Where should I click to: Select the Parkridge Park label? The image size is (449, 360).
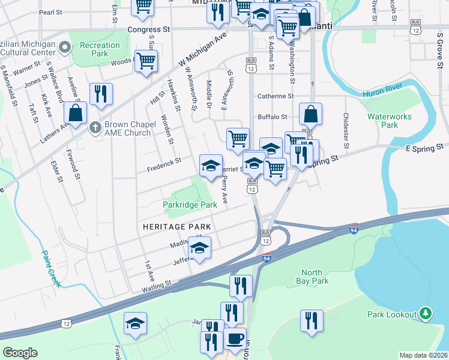pyautogui.click(x=190, y=205)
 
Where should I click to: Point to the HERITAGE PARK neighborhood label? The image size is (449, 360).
pyautogui.click(x=177, y=226)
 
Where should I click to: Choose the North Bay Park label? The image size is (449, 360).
pyautogui.click(x=313, y=277)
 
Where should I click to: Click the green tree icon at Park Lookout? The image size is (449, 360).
pyautogui.click(x=426, y=313)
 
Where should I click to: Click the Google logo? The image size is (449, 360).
pyautogui.click(x=20, y=352)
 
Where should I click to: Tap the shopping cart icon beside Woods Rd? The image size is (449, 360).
pyautogui.click(x=146, y=61)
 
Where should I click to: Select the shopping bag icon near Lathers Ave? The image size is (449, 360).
pyautogui.click(x=76, y=113)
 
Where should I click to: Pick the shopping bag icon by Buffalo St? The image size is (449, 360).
pyautogui.click(x=310, y=113)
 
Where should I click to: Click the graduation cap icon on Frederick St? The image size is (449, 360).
pyautogui.click(x=211, y=166)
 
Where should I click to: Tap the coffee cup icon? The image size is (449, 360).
pyautogui.click(x=235, y=339)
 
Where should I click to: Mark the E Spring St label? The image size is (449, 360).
pyautogui.click(x=427, y=146)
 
